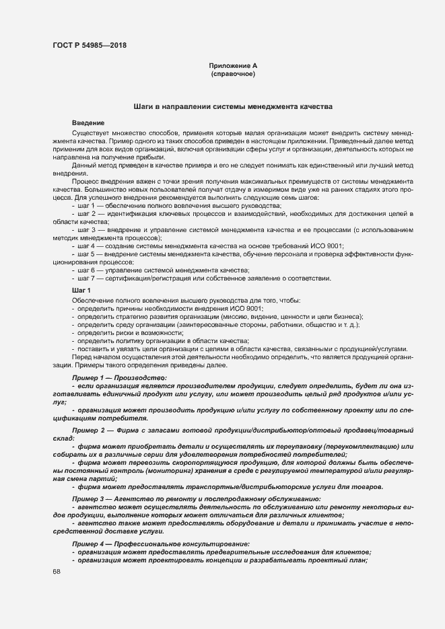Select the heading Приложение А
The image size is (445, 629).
pyautogui.click(x=233, y=66)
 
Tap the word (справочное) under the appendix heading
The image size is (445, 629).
pyautogui.click(x=233, y=73)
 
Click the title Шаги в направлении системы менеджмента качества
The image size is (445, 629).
pyautogui.click(x=232, y=107)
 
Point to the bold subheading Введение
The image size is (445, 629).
pyautogui.click(x=88, y=123)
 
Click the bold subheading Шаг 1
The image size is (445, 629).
pyautogui.click(x=81, y=289)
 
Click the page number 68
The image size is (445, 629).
pyautogui.click(x=56, y=572)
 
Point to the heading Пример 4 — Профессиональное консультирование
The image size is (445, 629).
pyautogui.click(x=160, y=543)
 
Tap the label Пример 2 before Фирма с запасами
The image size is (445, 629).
pyautogui.click(x=88, y=428)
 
